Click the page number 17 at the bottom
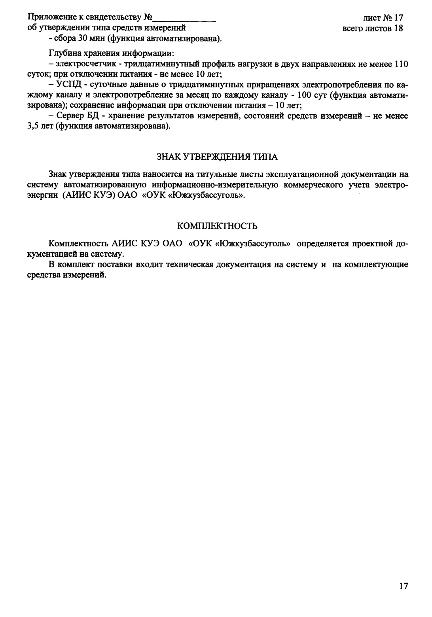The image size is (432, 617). coord(403,586)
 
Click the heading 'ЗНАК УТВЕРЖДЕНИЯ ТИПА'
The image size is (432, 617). coord(217,157)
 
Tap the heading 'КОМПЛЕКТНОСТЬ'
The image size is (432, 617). coord(217,226)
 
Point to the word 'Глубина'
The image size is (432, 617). coord(64,53)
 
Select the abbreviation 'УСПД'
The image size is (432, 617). coord(68,85)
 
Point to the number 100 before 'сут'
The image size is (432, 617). coord(304,95)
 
